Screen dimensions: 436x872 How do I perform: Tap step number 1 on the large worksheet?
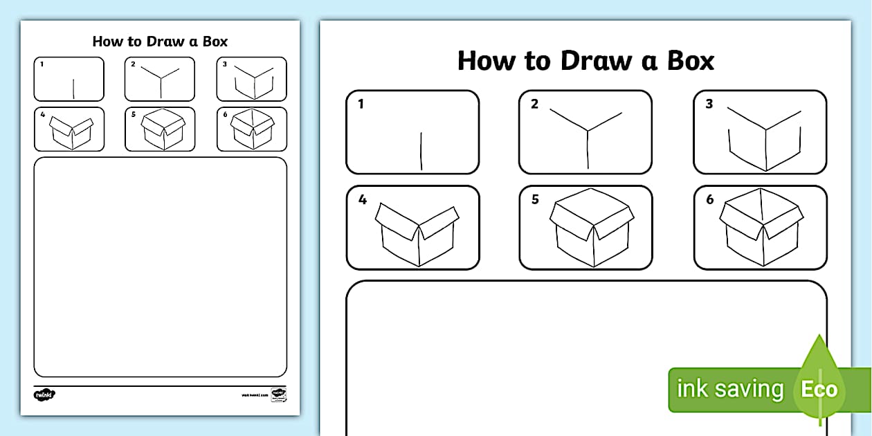coord(361,105)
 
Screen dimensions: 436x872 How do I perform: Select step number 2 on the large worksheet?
coord(534,105)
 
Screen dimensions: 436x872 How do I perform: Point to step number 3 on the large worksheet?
coord(709,105)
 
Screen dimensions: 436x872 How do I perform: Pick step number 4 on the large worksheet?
coord(362,200)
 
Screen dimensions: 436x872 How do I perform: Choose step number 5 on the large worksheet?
coord(535,200)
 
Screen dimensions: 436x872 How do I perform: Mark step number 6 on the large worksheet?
coord(709,200)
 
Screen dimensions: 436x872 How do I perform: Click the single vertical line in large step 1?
coord(421,151)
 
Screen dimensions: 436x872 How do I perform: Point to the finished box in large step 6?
coord(761,228)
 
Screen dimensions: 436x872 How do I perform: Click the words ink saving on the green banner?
coord(729,390)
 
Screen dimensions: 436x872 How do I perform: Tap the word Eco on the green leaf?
coord(819,390)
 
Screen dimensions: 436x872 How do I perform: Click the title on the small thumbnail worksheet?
coord(160,42)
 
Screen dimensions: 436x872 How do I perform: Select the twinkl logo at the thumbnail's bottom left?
coord(44,394)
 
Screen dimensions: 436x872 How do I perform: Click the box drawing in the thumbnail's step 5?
coord(163,129)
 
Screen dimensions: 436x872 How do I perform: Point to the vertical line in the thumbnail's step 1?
coord(73,88)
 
